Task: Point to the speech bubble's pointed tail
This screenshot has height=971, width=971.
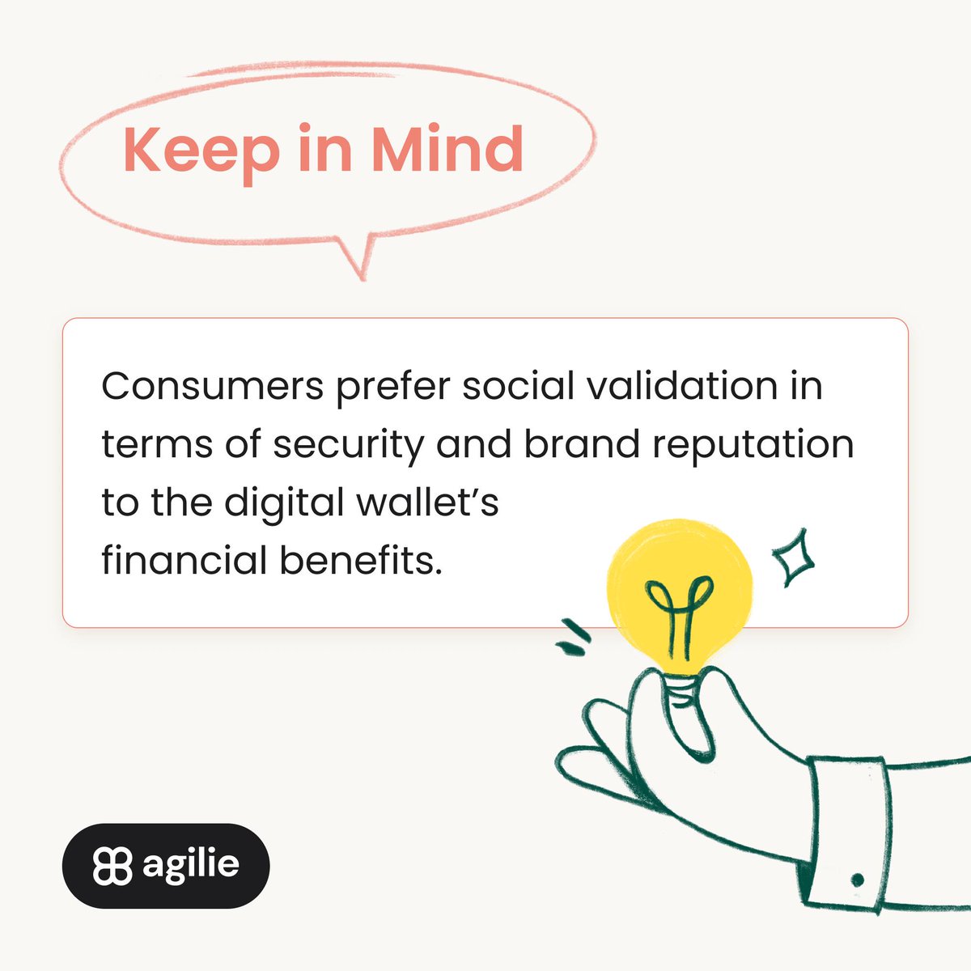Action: pyautogui.click(x=358, y=261)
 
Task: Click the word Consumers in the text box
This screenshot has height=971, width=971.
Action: pyautogui.click(x=212, y=387)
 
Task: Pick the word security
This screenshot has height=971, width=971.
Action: pyautogui.click(x=347, y=445)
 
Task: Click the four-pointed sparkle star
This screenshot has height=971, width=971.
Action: pyautogui.click(x=792, y=557)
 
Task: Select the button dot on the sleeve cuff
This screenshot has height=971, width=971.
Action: pyautogui.click(x=857, y=880)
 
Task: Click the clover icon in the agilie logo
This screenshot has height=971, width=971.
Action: pyautogui.click(x=112, y=866)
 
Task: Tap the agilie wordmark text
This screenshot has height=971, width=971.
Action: pyautogui.click(x=191, y=864)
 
